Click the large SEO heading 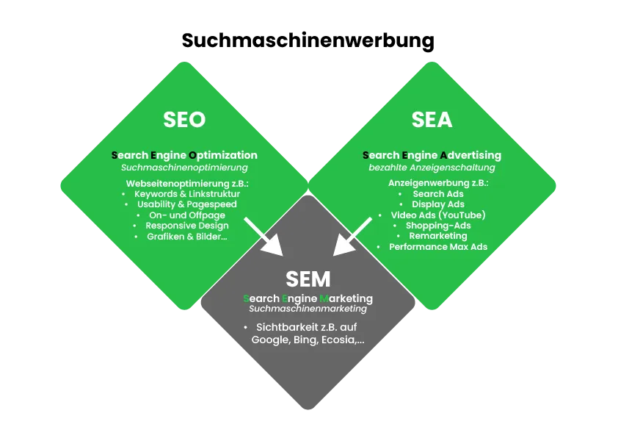pyautogui.click(x=184, y=119)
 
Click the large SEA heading pyautogui.click(x=432, y=119)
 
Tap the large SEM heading pyautogui.click(x=308, y=279)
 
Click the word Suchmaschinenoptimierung pyautogui.click(x=185, y=168)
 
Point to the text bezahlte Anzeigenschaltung pyautogui.click(x=432, y=168)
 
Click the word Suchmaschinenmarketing pyautogui.click(x=308, y=309)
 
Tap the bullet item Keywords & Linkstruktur pyautogui.click(x=187, y=193)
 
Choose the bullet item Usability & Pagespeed pyautogui.click(x=187, y=204)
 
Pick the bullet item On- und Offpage pyautogui.click(x=187, y=215)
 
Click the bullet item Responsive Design pyautogui.click(x=187, y=226)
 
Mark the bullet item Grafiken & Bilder pyautogui.click(x=187, y=237)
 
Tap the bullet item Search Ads pyautogui.click(x=438, y=193)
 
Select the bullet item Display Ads pyautogui.click(x=438, y=204)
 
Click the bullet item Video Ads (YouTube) pyautogui.click(x=438, y=215)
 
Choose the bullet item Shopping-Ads pyautogui.click(x=438, y=226)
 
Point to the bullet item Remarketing pyautogui.click(x=438, y=236)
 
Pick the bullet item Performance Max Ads pyautogui.click(x=438, y=247)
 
